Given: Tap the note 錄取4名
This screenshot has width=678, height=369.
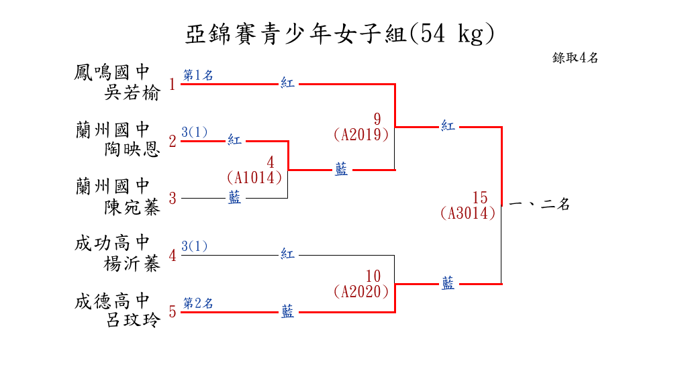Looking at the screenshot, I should point(575,58).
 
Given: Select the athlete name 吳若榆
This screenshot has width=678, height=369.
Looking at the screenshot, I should point(132,93).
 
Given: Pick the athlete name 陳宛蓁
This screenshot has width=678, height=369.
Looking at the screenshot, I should point(132,207).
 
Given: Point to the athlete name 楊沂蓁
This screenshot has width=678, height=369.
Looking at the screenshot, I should point(132,264).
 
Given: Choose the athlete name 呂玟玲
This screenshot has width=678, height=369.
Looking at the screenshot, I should point(132,321).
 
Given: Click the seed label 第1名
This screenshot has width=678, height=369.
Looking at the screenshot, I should point(198,75).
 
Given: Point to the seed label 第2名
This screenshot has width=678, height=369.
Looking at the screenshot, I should point(198,303).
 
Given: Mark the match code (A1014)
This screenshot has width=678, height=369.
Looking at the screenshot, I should point(254,178).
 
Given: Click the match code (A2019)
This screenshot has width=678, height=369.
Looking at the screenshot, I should point(361,134).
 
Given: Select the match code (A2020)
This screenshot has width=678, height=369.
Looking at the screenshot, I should point(361,292).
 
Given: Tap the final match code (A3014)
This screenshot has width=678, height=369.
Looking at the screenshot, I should point(468,213).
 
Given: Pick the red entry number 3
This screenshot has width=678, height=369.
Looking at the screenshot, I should point(173,199).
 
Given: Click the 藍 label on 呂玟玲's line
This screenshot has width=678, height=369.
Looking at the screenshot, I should point(287,311).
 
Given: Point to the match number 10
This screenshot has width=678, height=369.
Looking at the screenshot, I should point(374,276).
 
